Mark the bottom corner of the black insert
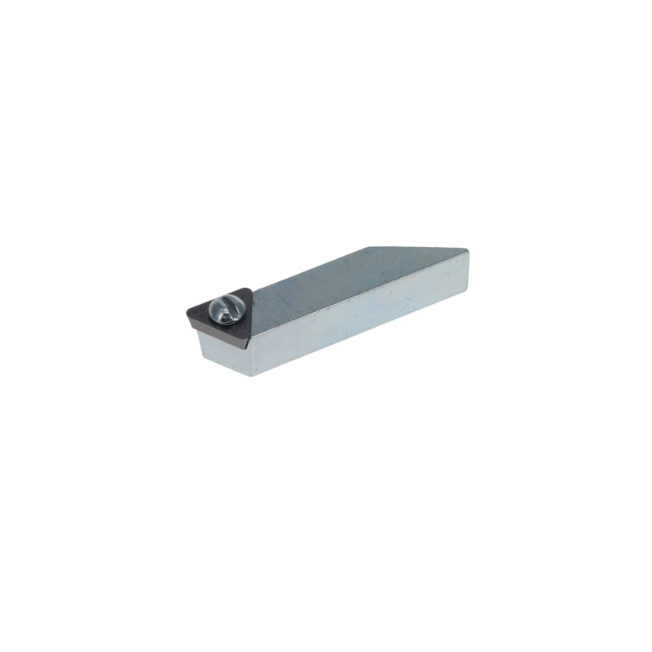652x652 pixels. click(248, 337)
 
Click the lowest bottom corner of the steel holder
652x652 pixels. click(251, 375)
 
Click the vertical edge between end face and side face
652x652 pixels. click(249, 356)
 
